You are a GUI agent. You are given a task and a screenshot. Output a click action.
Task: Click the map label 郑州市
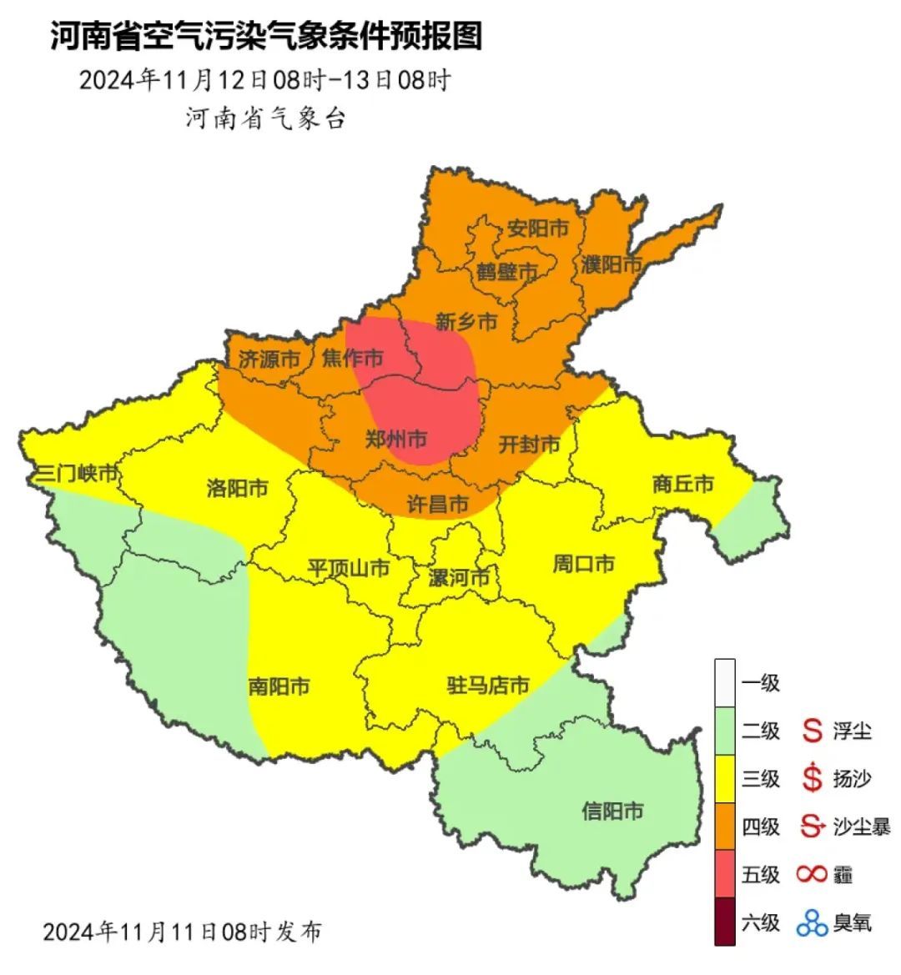tap(396, 439)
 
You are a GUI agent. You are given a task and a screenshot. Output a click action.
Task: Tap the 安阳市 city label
tap(537, 228)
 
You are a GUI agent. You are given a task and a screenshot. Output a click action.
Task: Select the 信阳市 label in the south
tap(612, 811)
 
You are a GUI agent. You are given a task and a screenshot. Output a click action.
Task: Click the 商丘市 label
tap(683, 484)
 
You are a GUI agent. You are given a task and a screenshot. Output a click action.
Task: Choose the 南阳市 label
tap(279, 686)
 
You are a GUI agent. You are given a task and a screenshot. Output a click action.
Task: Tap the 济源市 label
tap(269, 359)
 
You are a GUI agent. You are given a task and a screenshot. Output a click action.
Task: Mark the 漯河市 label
tap(458, 577)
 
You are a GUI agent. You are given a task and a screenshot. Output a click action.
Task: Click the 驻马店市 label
tap(488, 686)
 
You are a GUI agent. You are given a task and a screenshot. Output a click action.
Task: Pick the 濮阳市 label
tap(612, 265)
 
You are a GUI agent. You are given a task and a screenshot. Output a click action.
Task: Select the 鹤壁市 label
tap(506, 271)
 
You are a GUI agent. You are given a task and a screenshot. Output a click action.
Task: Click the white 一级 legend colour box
tap(724, 683)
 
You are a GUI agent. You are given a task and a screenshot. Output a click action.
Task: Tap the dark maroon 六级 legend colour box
tap(724, 922)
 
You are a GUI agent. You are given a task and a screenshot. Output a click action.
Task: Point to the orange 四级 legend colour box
tap(724, 827)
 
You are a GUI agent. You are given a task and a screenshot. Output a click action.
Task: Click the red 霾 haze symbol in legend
tap(811, 874)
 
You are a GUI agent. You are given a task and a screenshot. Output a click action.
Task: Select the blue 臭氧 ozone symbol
tap(811, 922)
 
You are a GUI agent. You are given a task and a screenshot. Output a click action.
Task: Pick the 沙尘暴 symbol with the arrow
tap(811, 827)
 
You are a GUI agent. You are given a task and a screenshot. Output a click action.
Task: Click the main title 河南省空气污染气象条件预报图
tap(266, 37)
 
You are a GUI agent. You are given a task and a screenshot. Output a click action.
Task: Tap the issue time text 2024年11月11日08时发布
tap(182, 931)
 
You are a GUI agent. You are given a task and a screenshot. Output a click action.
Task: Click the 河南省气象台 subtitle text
tap(265, 118)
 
